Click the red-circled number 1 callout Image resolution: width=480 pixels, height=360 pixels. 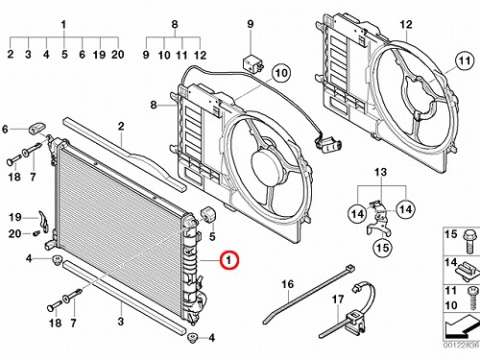click(229, 260)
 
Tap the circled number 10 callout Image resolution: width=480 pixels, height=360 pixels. click(281, 73)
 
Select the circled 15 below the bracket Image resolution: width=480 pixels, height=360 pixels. click(383, 248)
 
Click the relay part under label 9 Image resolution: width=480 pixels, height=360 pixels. click(253, 62)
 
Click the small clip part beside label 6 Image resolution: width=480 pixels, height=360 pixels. click(37, 128)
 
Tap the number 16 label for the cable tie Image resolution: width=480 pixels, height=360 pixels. click(287, 284)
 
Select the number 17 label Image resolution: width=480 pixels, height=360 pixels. click(338, 300)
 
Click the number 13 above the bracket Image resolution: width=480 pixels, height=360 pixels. click(380, 173)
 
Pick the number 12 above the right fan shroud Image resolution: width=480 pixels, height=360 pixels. click(406, 24)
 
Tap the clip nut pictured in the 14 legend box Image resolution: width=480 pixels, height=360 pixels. click(468, 271)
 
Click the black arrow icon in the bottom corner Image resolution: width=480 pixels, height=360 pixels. click(462, 326)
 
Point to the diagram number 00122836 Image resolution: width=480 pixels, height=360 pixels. click(461, 345)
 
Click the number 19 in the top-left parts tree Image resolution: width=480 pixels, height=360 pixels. click(99, 55)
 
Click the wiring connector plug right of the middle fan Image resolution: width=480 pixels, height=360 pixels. click(328, 145)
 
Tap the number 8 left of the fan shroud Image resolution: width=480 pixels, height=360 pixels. click(154, 105)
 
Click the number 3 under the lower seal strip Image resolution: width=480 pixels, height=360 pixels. click(120, 322)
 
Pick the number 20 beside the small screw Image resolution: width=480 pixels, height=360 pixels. click(14, 234)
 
